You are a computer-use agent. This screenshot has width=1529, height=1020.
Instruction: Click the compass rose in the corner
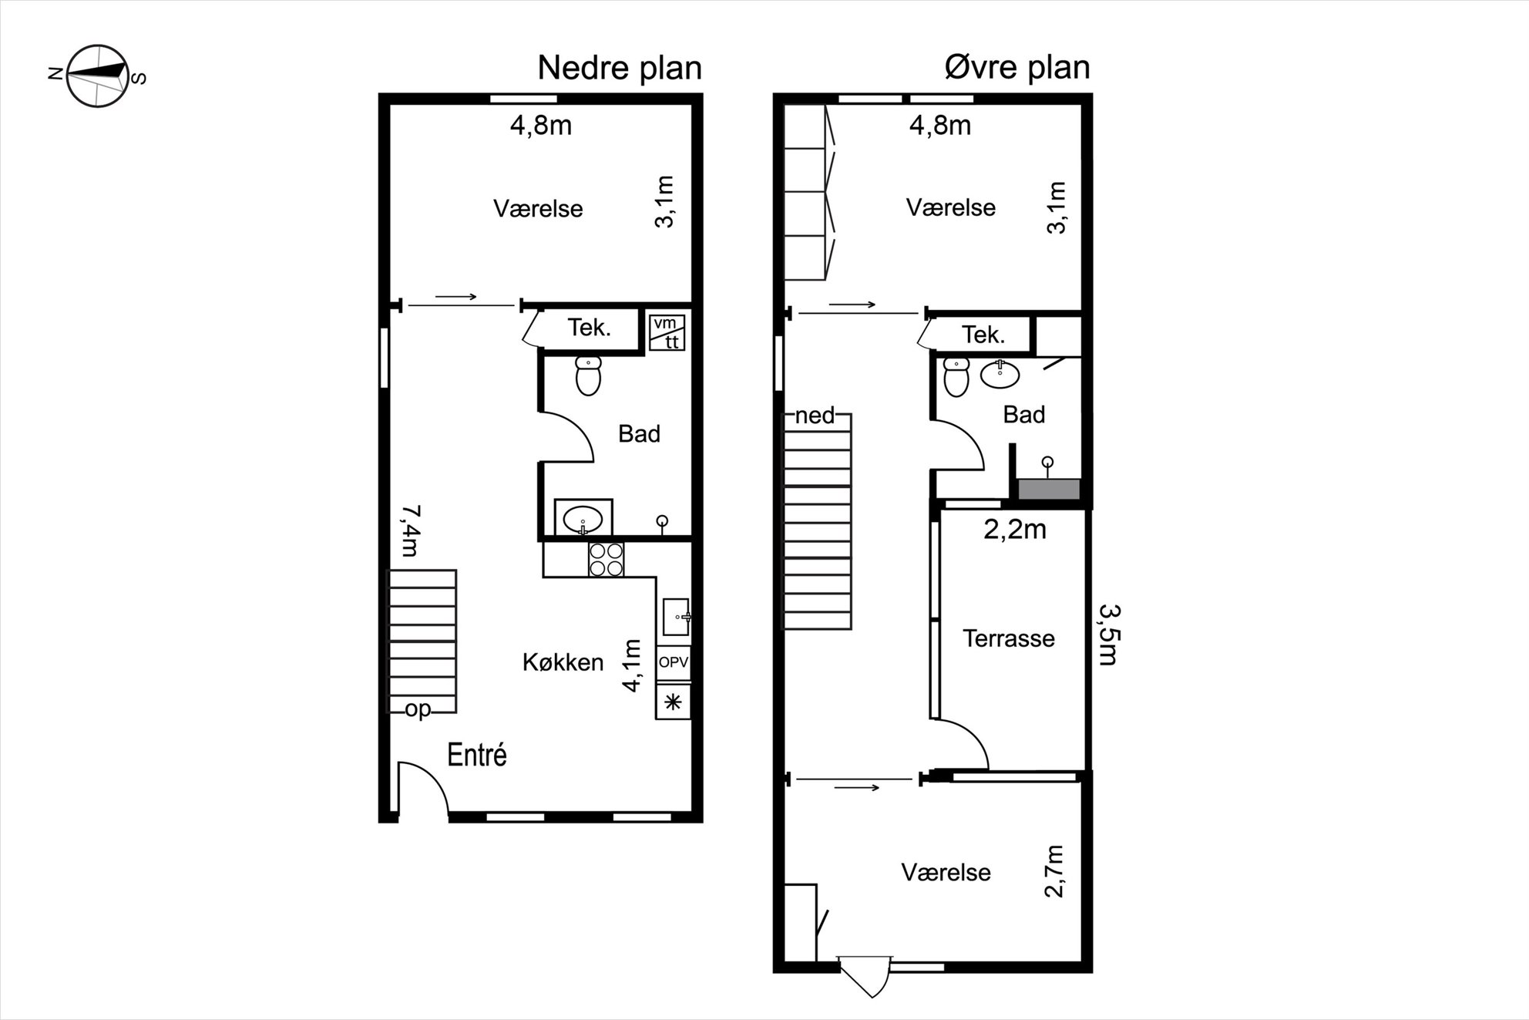pyautogui.click(x=97, y=75)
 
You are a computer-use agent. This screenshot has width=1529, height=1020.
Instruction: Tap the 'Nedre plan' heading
pyautogui.click(x=620, y=68)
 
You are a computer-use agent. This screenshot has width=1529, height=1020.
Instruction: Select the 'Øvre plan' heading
pyautogui.click(x=1017, y=68)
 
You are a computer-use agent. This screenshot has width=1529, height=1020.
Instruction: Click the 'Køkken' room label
pyautogui.click(x=563, y=662)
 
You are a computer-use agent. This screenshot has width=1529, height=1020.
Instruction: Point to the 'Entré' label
pyautogui.click(x=477, y=755)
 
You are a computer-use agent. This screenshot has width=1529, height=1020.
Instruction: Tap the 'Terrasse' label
pyautogui.click(x=1009, y=638)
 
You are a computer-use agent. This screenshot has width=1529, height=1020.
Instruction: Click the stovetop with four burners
pyautogui.click(x=606, y=560)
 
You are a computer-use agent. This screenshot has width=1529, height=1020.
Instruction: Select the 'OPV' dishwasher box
pyautogui.click(x=674, y=662)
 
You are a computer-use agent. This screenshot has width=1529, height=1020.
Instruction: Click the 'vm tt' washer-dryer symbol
pyautogui.click(x=667, y=332)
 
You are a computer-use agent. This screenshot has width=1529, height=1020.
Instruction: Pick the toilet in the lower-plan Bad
pyautogui.click(x=588, y=375)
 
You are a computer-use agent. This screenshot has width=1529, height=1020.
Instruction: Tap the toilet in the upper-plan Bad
pyautogui.click(x=956, y=377)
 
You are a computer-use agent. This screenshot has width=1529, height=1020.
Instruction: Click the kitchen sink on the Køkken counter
pyautogui.click(x=676, y=617)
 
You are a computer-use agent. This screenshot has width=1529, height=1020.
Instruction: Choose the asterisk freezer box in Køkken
pyautogui.click(x=674, y=702)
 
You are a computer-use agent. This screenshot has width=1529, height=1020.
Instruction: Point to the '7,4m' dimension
pyautogui.click(x=410, y=530)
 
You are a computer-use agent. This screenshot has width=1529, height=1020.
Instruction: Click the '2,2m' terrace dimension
pyautogui.click(x=1015, y=530)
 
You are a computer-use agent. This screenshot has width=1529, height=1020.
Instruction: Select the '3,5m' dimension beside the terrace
pyautogui.click(x=1109, y=634)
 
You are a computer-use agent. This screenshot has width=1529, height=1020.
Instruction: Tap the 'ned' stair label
pyautogui.click(x=815, y=416)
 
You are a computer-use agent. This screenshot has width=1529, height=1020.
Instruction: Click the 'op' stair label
pyautogui.click(x=418, y=709)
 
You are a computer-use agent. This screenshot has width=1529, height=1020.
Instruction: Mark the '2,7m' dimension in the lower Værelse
pyautogui.click(x=1054, y=871)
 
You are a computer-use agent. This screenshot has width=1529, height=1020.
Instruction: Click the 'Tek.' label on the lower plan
pyautogui.click(x=590, y=328)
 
